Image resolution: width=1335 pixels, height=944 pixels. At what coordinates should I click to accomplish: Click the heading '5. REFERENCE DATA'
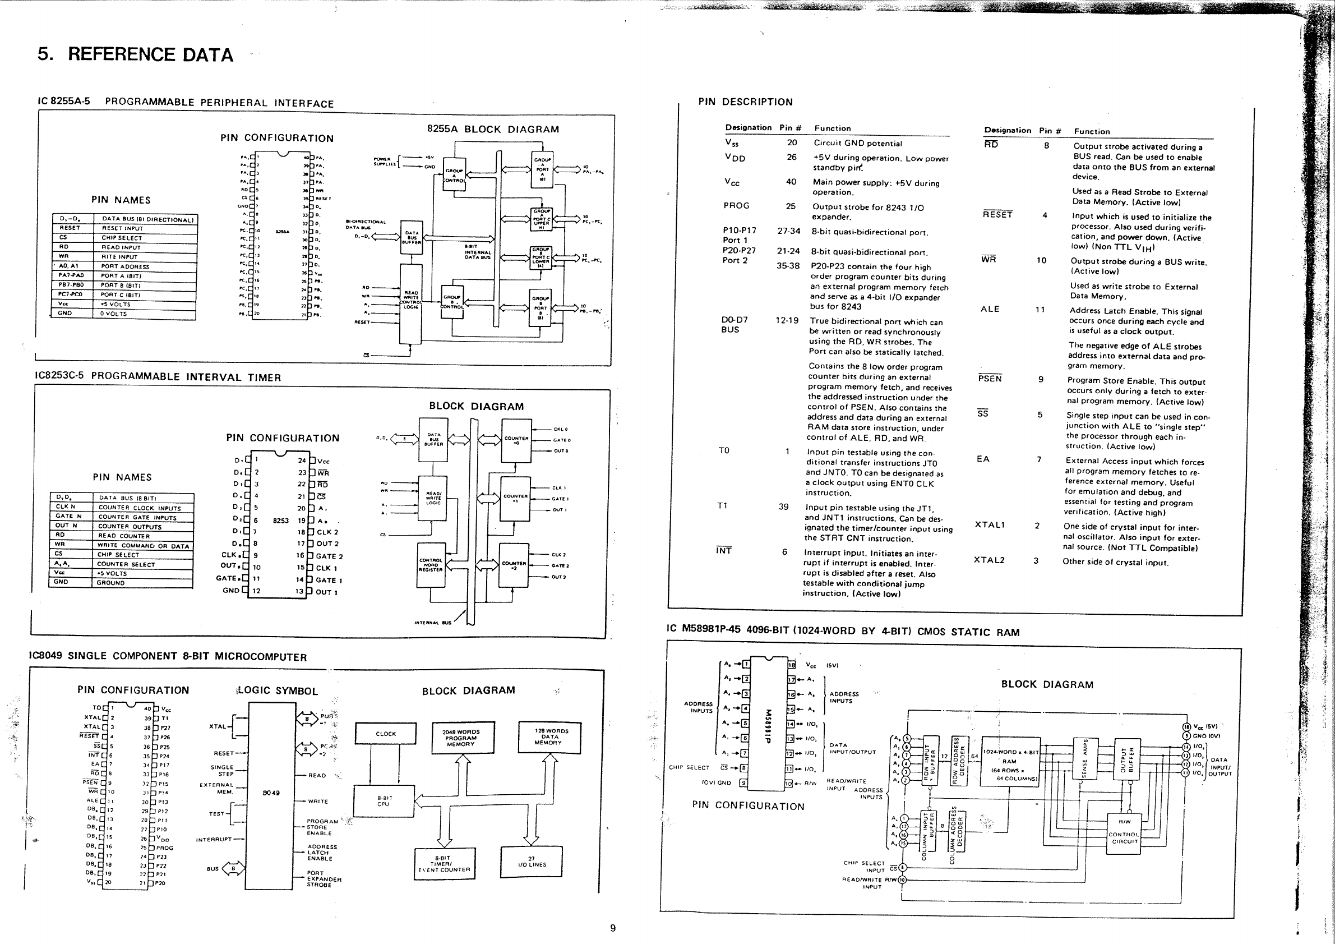click(135, 54)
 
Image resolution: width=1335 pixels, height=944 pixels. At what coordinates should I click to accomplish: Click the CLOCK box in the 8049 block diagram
click(386, 734)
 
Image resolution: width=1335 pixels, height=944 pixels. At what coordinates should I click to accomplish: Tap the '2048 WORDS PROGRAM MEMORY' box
click(460, 738)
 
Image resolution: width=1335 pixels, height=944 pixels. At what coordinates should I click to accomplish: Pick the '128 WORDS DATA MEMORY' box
click(549, 737)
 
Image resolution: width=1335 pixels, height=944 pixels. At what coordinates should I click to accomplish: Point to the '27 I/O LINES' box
click(531, 862)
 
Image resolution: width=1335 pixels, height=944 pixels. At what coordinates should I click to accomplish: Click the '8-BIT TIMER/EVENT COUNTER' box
click(444, 864)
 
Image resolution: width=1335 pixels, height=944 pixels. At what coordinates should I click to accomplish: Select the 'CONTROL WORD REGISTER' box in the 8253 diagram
click(431, 565)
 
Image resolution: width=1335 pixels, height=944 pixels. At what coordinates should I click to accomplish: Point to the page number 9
click(612, 928)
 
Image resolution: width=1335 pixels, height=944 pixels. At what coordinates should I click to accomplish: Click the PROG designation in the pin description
click(737, 206)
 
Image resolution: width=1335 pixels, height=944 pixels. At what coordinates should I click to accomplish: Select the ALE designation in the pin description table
click(990, 310)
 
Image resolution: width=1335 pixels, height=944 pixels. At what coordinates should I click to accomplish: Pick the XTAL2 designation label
click(989, 560)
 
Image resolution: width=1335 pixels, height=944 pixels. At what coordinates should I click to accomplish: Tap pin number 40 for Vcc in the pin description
click(791, 182)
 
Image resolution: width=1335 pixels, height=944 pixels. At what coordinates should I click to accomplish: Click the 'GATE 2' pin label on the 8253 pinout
click(329, 556)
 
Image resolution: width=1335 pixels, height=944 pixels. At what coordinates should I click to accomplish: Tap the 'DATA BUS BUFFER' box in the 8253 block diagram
click(434, 439)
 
